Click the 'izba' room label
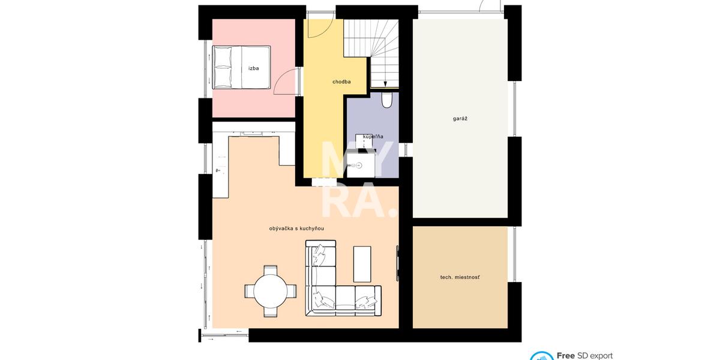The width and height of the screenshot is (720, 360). point(254,68)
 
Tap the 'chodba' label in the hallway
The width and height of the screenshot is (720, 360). point(341,82)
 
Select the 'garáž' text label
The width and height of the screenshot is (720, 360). point(460,119)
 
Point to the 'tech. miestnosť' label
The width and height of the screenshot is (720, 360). point(460,277)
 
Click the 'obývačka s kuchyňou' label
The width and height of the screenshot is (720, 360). point(296,229)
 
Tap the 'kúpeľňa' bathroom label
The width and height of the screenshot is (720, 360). point(373,137)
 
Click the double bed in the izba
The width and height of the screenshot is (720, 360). point(241,67)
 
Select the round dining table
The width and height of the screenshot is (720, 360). point(271,291)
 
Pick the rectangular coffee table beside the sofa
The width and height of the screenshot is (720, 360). point(362,264)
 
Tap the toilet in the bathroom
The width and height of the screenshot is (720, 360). point(386,100)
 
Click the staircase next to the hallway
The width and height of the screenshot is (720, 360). point(371,53)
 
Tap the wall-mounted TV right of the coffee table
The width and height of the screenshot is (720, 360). point(397,263)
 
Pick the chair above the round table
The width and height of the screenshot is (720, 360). point(271,269)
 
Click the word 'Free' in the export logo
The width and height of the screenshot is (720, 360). point(565,355)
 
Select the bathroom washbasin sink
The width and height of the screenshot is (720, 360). point(358,166)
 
